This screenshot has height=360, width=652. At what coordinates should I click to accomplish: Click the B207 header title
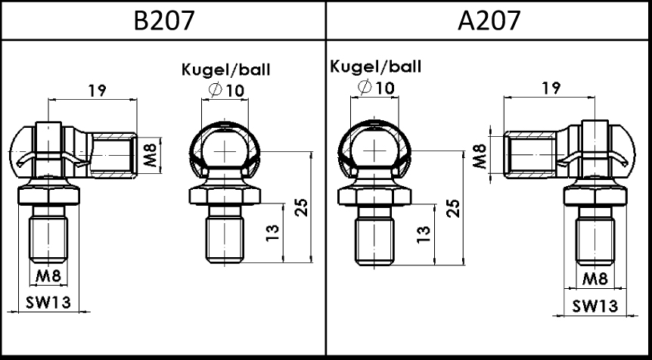pyautogui.click(x=164, y=20)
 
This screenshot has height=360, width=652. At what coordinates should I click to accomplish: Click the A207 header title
pyautogui.click(x=489, y=20)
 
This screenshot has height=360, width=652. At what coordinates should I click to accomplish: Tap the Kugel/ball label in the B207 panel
pyautogui.click(x=226, y=70)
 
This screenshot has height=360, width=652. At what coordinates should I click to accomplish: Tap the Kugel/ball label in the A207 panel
pyautogui.click(x=375, y=67)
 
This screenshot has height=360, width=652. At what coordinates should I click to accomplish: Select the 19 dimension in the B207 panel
pyautogui.click(x=98, y=90)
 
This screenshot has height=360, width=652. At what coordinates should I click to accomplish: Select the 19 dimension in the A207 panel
pyautogui.click(x=551, y=88)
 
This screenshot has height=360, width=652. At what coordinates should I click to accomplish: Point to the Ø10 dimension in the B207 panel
pyautogui.click(x=226, y=90)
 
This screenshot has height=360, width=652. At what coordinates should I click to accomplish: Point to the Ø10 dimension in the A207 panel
pyautogui.click(x=375, y=88)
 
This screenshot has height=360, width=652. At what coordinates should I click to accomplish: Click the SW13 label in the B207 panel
pyautogui.click(x=48, y=303)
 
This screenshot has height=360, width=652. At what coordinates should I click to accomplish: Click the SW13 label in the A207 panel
pyautogui.click(x=595, y=306)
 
